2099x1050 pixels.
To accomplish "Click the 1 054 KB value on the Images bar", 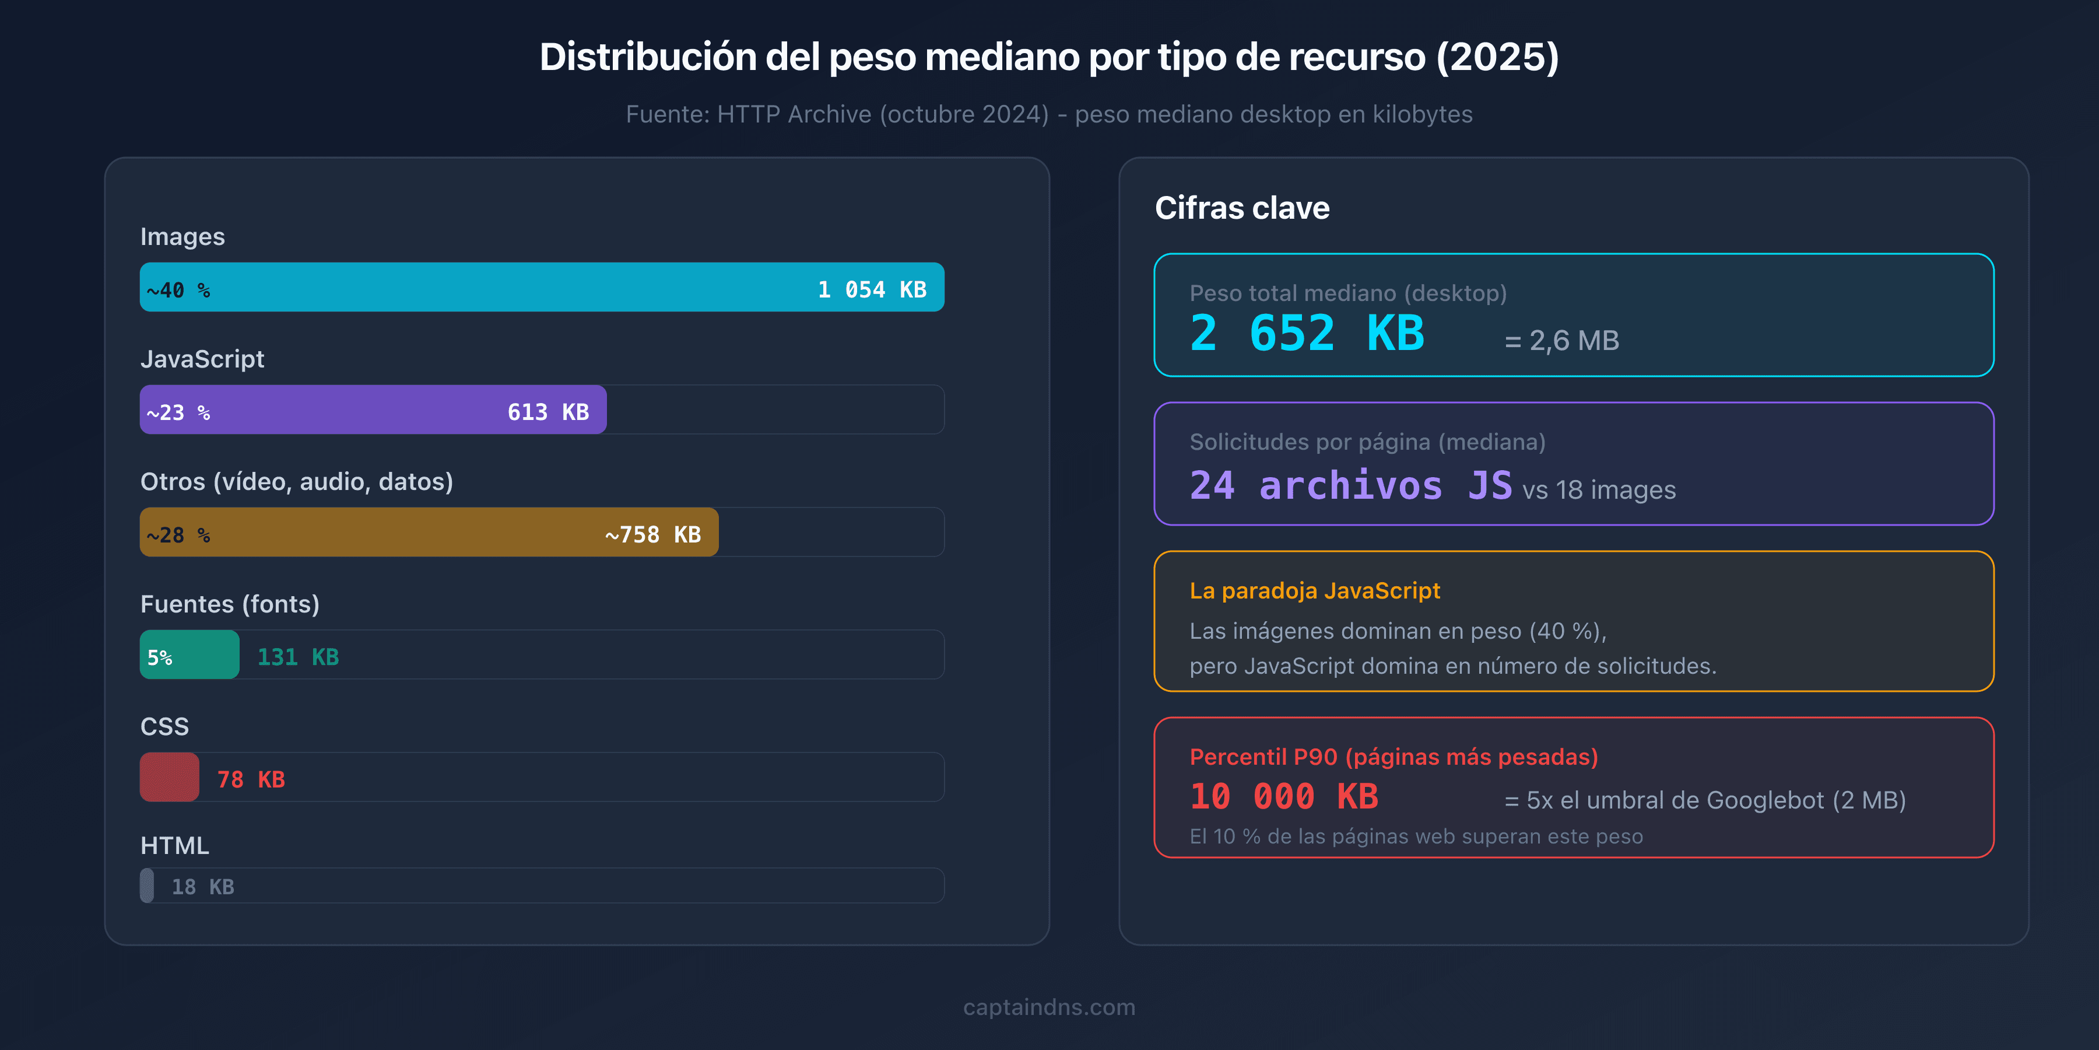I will coord(872,289).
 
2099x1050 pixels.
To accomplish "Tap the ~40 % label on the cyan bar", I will coord(178,290).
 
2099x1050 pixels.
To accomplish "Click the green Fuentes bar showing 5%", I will coord(189,654).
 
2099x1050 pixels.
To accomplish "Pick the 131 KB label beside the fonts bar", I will coord(297,657).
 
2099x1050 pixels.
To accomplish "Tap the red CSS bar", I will coord(170,777).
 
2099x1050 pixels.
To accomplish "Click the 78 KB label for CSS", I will coord(251,779).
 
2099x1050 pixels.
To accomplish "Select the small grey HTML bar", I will coord(147,885).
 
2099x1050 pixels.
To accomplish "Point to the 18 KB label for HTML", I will coord(203,887).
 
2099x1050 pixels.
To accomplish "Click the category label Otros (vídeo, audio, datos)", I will coord(297,482).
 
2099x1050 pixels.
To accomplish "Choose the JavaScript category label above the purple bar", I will coord(202,359).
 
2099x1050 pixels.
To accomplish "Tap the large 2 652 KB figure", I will coord(1307,334).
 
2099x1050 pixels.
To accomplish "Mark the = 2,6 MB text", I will coord(1561,341).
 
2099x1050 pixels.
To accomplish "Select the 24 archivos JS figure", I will coord(1350,486).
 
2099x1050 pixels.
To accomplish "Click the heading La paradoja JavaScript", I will coord(1314,590).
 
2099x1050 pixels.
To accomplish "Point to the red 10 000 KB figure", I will coord(1284,796).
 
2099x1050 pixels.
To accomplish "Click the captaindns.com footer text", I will coord(1049,1007).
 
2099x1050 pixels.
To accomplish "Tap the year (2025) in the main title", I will coord(1497,57).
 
